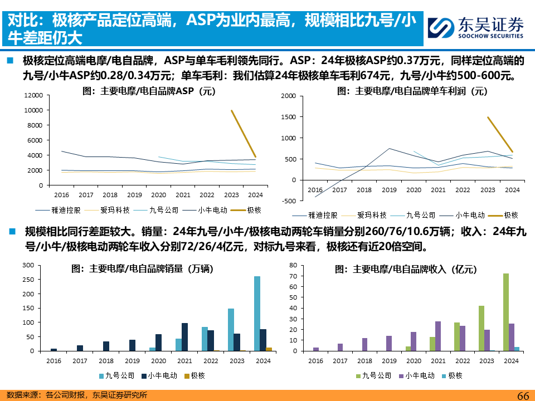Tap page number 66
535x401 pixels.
[523, 395]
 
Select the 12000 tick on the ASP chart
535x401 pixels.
[34, 95]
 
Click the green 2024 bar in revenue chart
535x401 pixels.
[505, 312]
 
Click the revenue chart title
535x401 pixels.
[406, 269]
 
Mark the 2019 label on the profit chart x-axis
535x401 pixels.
[389, 190]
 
